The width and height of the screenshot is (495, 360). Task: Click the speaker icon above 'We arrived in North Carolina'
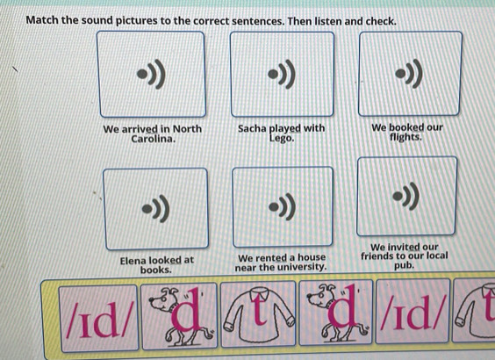(x=152, y=75)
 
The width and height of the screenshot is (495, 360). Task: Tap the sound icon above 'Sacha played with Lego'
(x=282, y=75)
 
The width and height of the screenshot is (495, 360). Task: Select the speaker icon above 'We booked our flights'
(x=409, y=73)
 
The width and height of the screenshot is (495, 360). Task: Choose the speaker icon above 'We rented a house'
(x=283, y=207)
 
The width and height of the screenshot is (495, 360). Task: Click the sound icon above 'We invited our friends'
(x=406, y=197)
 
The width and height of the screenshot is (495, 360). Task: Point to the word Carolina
(x=153, y=139)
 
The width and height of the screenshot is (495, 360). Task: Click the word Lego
(x=282, y=139)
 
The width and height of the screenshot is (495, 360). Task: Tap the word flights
(x=405, y=137)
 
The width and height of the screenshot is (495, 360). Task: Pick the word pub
(x=404, y=265)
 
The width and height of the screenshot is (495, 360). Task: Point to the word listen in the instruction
(x=326, y=21)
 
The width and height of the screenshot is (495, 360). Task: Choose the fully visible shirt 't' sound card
(x=258, y=314)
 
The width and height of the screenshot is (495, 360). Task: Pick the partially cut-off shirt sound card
(x=474, y=311)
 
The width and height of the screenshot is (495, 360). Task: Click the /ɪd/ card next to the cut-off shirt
(x=412, y=312)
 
